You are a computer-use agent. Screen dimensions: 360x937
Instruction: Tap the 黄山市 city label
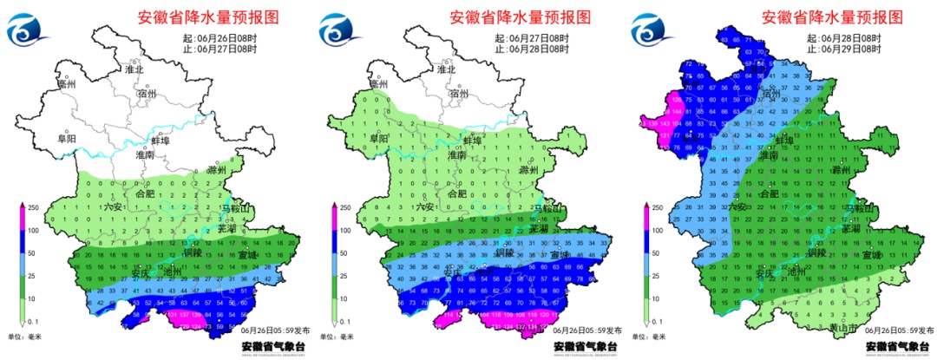pyautogui.click(x=842, y=328)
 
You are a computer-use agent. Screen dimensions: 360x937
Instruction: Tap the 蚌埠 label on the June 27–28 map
pyautogui.click(x=472, y=140)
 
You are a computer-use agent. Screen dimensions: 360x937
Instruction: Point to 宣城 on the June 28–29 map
pyautogui.click(x=870, y=255)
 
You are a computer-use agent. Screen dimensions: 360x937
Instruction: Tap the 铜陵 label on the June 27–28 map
pyautogui.click(x=506, y=254)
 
